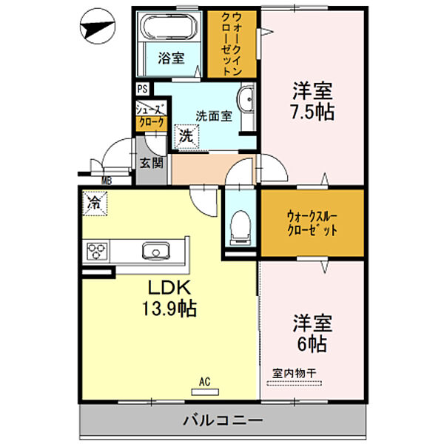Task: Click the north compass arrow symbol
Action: [x=97, y=30]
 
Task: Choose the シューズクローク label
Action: [x=151, y=116]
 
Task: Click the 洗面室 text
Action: [x=214, y=115]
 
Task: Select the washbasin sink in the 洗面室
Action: [x=246, y=98]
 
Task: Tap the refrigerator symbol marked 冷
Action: [x=95, y=201]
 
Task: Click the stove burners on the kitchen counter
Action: [x=97, y=252]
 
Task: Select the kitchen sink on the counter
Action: [x=155, y=251]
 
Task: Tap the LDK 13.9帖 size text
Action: [x=171, y=299]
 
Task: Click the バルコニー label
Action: [x=222, y=421]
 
